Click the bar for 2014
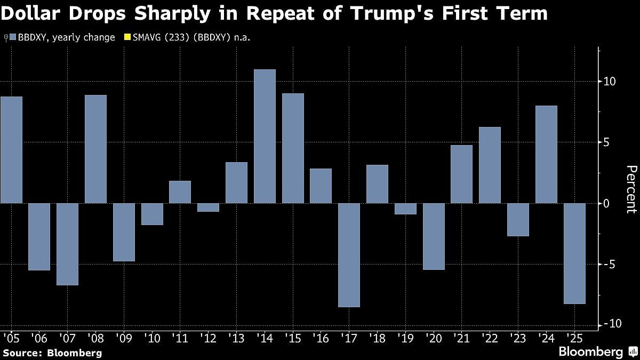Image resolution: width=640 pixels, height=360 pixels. (265, 136)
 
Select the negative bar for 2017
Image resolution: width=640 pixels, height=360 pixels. (349, 255)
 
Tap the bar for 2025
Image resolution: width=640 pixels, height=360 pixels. (574, 253)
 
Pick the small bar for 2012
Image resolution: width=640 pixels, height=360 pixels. (208, 207)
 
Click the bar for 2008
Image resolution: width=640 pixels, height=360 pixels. (95, 149)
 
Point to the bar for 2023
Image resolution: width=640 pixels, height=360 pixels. (518, 219)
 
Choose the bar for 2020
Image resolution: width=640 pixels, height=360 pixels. (434, 236)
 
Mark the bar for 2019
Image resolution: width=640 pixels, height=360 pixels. (405, 209)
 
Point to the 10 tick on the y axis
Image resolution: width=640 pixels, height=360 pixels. (610, 82)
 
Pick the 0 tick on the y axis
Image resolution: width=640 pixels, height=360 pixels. (606, 204)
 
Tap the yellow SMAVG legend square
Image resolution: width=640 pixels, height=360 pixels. (127, 38)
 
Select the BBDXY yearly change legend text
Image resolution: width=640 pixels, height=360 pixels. (66, 38)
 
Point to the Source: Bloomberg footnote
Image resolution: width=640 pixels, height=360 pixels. (52, 353)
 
